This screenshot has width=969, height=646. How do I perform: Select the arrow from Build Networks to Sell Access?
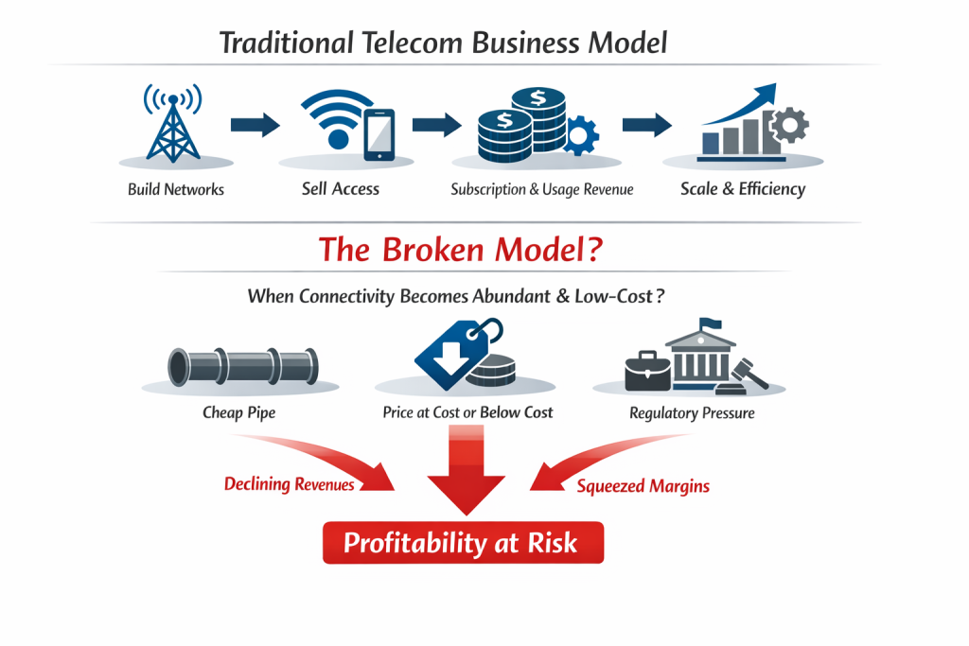point(255,124)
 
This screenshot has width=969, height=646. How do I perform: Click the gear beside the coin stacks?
point(580,134)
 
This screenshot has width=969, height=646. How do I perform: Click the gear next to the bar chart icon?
point(789,127)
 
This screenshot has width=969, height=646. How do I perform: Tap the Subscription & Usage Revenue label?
point(542,189)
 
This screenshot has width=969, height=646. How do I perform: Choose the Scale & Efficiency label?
point(743,188)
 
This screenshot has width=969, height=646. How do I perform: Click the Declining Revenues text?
point(290,484)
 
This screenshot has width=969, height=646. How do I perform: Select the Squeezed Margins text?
point(643,486)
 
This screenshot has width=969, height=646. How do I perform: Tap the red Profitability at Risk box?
point(463,543)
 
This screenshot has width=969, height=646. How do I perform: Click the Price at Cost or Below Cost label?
point(467,412)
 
